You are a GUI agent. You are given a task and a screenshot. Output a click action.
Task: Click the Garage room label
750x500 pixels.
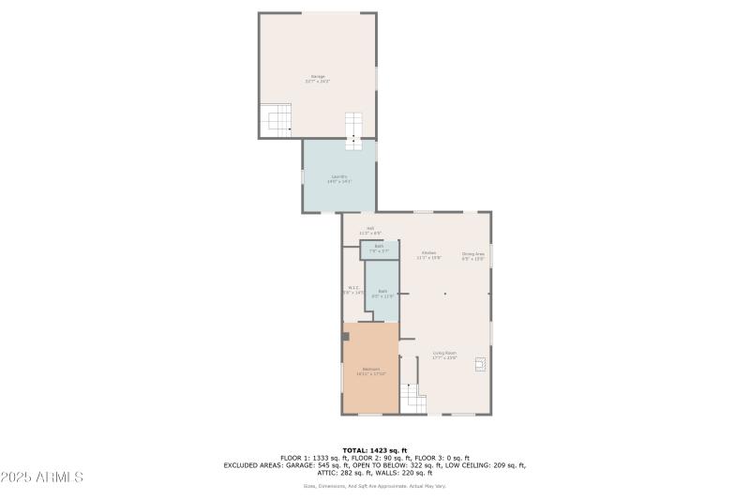coord(318,79)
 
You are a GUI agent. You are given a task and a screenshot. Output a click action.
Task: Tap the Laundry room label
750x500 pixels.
coord(338,178)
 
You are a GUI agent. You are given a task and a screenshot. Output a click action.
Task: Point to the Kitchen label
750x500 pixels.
coord(428,254)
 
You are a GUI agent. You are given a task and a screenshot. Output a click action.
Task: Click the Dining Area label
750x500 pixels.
coord(472,255)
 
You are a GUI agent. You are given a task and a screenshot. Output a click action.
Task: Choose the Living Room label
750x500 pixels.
coord(444,356)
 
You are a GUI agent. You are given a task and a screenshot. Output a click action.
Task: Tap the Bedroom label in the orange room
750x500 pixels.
coord(371,371)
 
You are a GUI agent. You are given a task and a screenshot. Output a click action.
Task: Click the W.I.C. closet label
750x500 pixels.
coord(353,290)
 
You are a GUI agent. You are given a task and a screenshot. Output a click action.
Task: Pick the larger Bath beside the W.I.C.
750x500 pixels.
coord(382,293)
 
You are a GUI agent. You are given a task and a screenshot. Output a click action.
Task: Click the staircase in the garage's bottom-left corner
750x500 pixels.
coord(278,119)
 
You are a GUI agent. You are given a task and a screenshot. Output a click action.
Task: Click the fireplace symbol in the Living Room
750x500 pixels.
coord(481,364)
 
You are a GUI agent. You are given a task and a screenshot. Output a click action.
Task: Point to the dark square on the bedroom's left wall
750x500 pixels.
coord(345,336)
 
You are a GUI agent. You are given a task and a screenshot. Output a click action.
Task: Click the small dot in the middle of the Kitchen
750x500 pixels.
coord(445,294)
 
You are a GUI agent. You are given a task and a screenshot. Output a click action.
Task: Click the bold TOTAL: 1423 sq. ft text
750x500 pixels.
coord(375,449)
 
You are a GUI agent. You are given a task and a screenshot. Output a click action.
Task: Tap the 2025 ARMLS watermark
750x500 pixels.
coord(42,477)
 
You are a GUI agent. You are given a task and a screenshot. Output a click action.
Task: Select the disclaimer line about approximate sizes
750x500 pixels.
coord(375,486)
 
